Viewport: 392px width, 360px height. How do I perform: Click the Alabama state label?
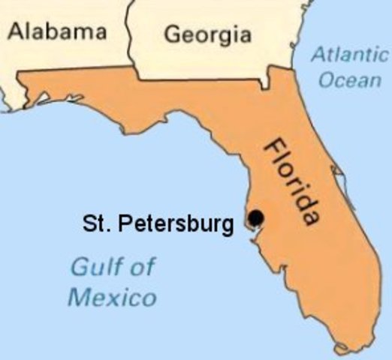click(x=57, y=32)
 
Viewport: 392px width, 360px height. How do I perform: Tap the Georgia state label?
click(x=207, y=34)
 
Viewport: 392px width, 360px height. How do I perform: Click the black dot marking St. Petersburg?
click(x=256, y=217)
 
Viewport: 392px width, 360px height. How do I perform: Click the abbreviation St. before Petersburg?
click(x=92, y=223)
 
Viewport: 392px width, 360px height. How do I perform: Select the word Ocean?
click(x=349, y=79)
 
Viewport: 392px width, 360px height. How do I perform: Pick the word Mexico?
click(x=113, y=297)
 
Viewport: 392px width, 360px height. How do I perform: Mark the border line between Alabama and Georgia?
click(x=130, y=37)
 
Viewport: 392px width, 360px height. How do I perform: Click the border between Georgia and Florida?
click(x=203, y=78)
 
